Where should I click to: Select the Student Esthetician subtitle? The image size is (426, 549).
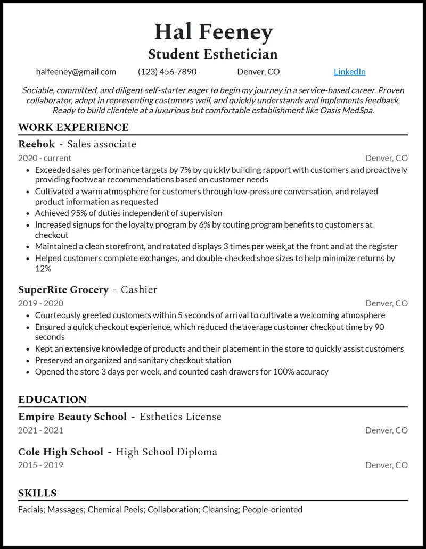[x=213, y=54]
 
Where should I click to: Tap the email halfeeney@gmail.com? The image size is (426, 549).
[x=76, y=72]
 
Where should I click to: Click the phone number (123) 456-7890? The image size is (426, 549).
[x=167, y=72]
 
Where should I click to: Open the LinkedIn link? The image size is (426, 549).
[x=349, y=72]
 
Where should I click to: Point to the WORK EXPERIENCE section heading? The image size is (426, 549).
[x=73, y=128]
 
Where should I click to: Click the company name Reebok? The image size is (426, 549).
[x=36, y=144]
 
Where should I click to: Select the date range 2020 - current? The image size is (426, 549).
[x=45, y=158]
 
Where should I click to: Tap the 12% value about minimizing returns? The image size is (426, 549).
[x=43, y=269]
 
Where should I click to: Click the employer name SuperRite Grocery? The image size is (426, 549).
[x=63, y=290]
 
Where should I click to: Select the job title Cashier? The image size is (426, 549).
[x=139, y=290]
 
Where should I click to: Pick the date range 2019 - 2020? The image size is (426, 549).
[x=40, y=303]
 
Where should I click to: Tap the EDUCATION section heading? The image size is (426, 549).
[x=52, y=400]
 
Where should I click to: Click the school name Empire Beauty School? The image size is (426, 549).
[x=72, y=417]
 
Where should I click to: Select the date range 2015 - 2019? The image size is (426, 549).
[x=40, y=465]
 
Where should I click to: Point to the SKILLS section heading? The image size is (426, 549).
[x=37, y=493]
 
